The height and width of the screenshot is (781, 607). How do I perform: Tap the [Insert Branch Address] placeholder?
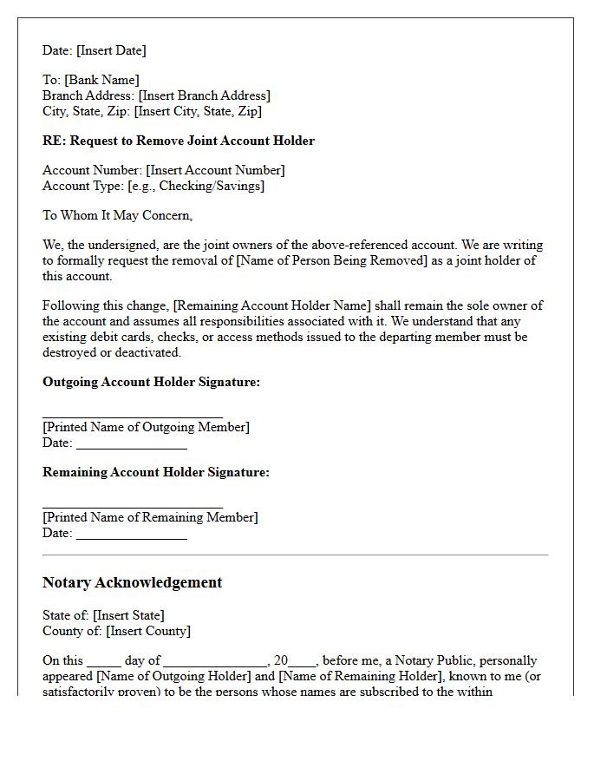coord(204,95)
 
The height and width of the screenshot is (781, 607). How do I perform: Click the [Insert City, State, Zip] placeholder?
coord(198,111)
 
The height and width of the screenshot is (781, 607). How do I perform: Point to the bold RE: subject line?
coord(179,141)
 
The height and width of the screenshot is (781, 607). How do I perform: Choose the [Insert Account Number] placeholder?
coord(215,170)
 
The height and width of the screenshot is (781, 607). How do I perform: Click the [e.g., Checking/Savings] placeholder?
coord(196,186)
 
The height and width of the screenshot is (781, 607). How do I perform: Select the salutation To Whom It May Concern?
coord(118,215)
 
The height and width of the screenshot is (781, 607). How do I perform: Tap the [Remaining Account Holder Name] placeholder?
coord(272,305)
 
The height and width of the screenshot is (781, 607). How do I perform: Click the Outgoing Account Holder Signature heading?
coord(151,382)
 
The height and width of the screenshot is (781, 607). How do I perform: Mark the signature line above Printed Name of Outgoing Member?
coord(133,417)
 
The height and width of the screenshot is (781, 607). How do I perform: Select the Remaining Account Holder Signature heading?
coord(156,472)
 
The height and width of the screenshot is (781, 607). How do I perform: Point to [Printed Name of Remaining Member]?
coord(150,517)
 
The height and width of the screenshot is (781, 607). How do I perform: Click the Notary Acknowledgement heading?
coord(132,582)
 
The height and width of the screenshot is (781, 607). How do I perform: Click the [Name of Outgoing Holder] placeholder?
coord(173,676)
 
